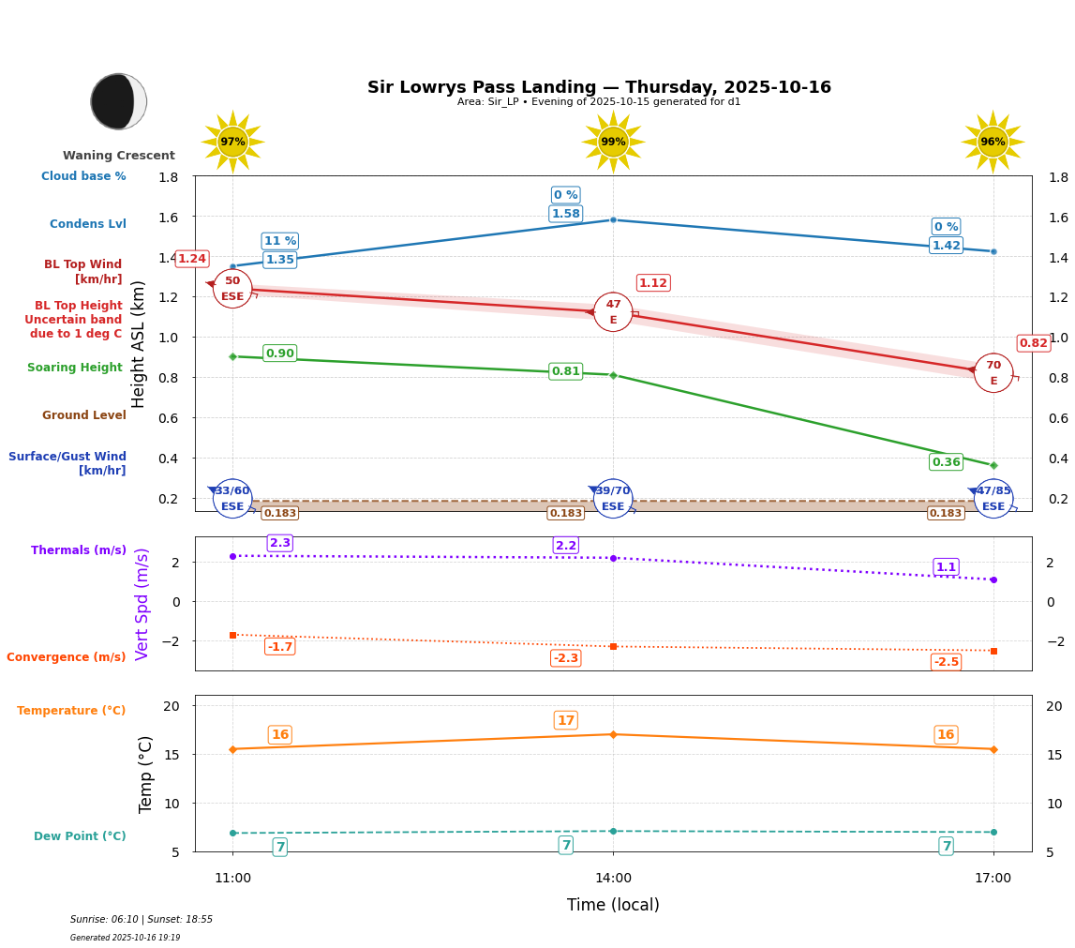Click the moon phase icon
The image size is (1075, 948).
[119, 101]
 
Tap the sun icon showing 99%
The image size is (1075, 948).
[613, 142]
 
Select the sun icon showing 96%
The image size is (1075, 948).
[993, 142]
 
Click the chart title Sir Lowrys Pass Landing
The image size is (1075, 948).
[599, 87]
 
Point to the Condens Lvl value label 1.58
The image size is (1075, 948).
[565, 214]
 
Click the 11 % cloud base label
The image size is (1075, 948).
[279, 241]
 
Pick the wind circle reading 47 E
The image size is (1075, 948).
[613, 312]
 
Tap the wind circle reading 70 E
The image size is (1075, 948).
[993, 373]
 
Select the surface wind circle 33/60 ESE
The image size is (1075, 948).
[232, 499]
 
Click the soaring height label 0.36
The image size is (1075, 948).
[946, 462]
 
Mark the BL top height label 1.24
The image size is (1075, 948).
[192, 259]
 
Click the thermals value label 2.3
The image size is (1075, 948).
[279, 543]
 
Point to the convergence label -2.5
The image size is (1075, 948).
[946, 662]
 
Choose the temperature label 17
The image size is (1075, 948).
[565, 720]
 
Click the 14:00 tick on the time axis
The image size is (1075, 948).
[613, 879]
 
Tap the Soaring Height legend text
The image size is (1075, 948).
[75, 368]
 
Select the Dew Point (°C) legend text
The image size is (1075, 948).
[80, 836]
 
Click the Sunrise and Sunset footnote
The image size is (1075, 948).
[142, 920]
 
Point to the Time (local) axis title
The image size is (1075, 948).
[613, 905]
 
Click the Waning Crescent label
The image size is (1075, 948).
[119, 156]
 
